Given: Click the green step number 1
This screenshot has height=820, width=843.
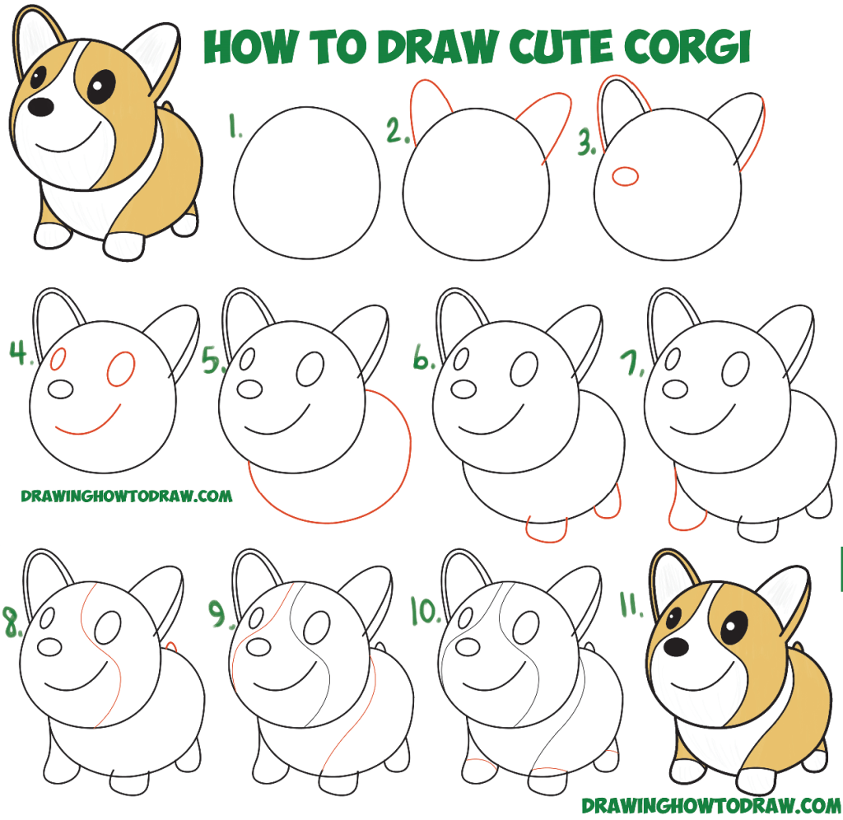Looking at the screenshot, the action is click(235, 127).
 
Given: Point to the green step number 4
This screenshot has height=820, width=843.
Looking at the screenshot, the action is click(20, 352).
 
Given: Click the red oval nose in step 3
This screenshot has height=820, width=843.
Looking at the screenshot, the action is click(626, 176).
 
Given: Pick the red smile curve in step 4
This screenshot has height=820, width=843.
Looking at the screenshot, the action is click(87, 421).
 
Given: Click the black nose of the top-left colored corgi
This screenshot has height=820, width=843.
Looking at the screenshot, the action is click(40, 106).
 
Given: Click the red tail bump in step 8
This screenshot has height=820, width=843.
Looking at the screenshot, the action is click(171, 646).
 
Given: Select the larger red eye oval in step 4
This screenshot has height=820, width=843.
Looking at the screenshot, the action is click(120, 369).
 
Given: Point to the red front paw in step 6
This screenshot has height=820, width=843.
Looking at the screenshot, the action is click(546, 532).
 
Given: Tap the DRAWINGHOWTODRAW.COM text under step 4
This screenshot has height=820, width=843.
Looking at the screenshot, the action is click(127, 496).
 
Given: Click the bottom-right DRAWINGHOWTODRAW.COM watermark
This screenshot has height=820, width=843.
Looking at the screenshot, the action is click(712, 805).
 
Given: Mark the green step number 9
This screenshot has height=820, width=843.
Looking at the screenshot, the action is click(217, 615).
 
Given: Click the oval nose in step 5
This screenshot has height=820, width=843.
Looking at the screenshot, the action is click(249, 390).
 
